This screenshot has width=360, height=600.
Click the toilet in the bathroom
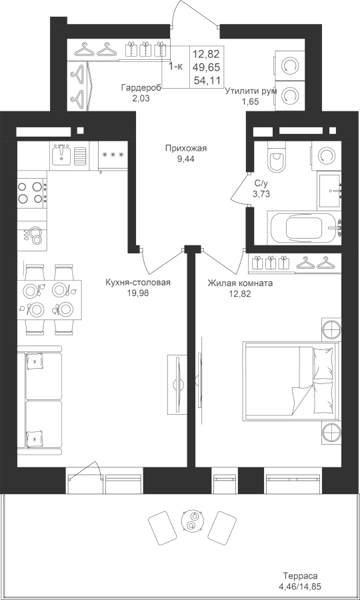tap(276, 157)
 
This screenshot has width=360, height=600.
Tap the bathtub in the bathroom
tap(304, 228)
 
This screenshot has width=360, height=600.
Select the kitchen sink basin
tap(61, 155)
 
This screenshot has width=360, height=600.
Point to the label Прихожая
tap(186, 149)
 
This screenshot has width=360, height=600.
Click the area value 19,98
tap(138, 293)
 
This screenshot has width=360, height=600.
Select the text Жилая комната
tap(240, 283)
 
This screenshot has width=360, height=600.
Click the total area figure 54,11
tap(207, 81)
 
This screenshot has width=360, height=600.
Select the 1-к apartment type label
tap(176, 66)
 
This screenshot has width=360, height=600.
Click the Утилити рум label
tap(251, 91)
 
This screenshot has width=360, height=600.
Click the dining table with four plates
tap(49, 300)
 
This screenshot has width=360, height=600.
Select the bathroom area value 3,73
tap(261, 193)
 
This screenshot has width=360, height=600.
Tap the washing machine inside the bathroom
tap(327, 155)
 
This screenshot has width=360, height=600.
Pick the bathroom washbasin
tap(329, 191)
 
